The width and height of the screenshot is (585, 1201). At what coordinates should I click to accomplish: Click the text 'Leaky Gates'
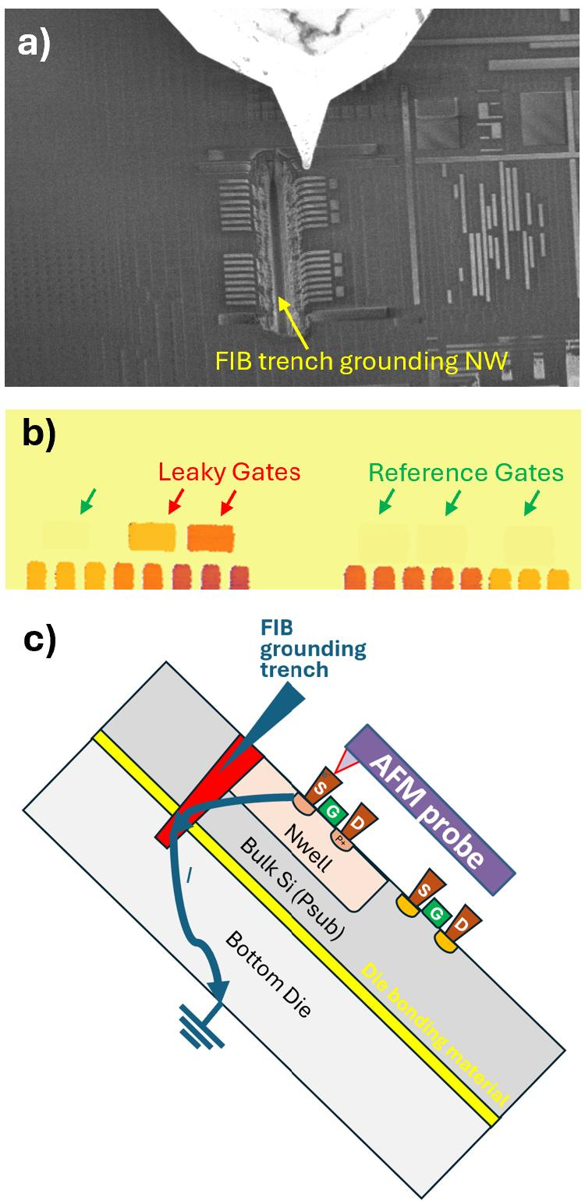tap(229, 473)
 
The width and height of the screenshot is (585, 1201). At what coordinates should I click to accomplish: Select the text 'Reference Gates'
tap(466, 473)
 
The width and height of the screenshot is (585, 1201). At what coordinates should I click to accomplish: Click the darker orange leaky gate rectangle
tap(210, 538)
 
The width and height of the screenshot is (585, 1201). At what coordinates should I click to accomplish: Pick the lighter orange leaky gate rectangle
tap(152, 537)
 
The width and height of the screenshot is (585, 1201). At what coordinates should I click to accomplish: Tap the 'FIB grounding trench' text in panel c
tap(313, 649)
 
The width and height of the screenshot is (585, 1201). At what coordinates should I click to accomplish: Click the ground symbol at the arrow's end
tap(202, 1029)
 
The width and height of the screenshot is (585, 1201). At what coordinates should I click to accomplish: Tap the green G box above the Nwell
tap(332, 812)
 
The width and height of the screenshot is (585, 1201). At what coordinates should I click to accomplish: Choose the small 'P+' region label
tap(341, 840)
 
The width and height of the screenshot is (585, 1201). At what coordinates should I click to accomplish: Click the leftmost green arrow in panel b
tap(89, 501)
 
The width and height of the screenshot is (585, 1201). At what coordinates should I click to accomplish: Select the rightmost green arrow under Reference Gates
tap(532, 503)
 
